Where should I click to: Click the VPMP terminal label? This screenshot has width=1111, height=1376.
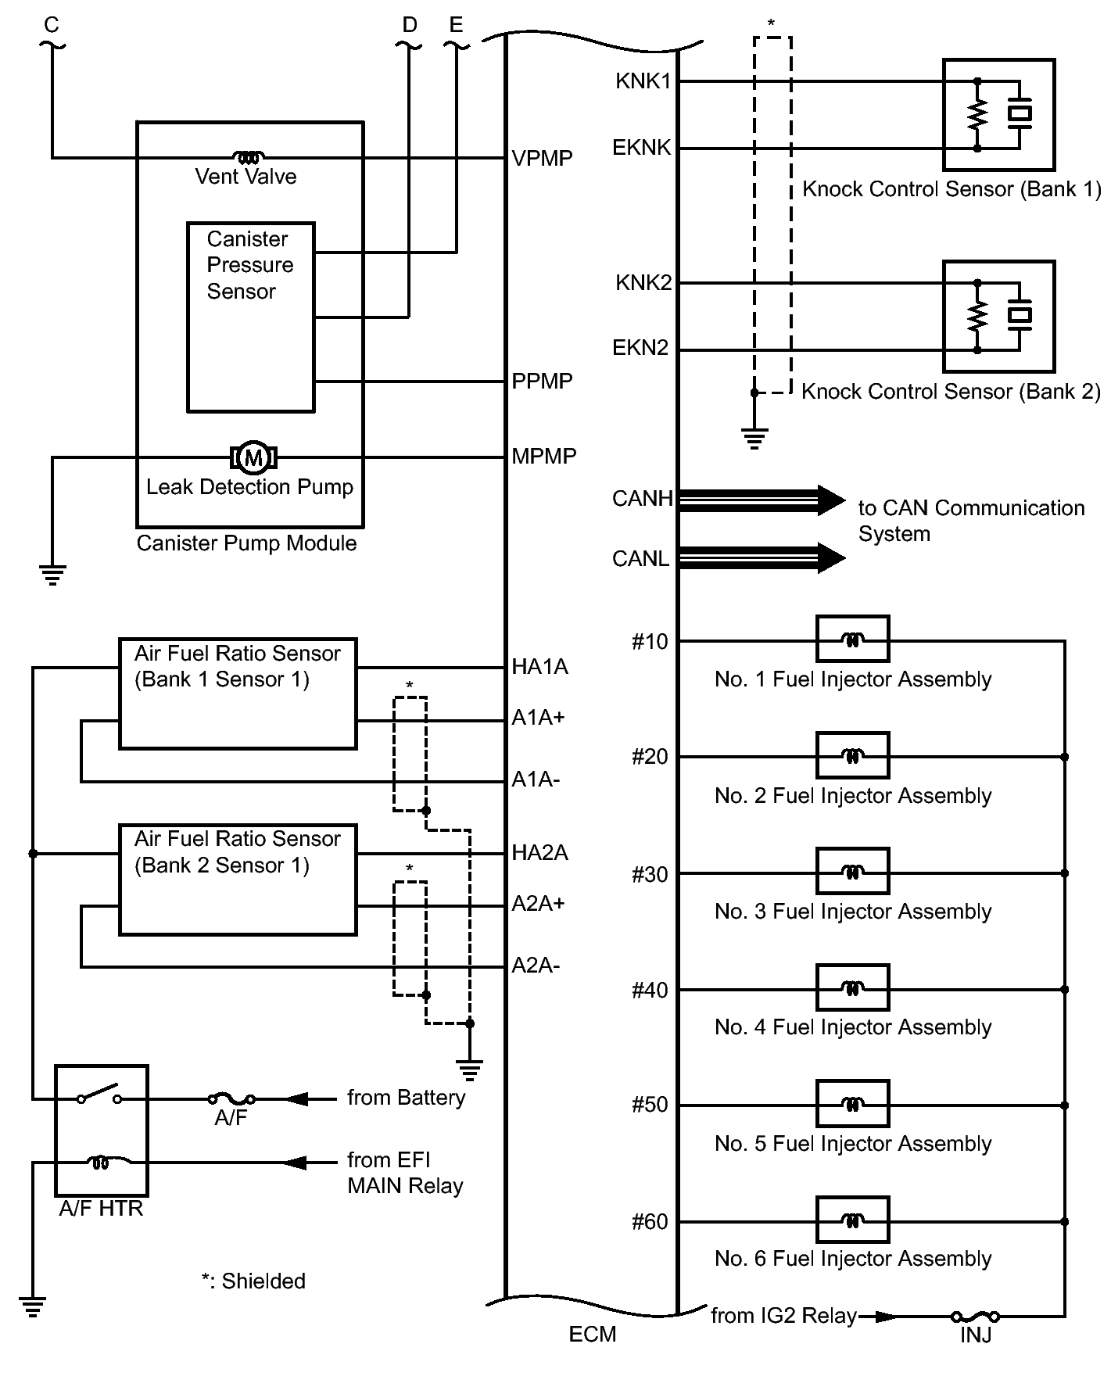click(542, 159)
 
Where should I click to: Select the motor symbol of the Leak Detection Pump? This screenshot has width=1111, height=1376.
click(253, 457)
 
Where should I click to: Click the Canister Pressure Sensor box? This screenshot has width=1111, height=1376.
click(250, 317)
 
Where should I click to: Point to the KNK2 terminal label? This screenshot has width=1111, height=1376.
click(643, 282)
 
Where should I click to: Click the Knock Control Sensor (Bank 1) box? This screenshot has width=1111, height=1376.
click(998, 114)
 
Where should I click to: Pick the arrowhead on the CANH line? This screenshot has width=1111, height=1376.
click(830, 500)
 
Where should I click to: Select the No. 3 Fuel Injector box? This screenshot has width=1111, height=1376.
click(852, 871)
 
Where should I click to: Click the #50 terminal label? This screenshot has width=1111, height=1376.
click(650, 1105)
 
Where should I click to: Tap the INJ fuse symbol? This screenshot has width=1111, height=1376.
click(975, 1317)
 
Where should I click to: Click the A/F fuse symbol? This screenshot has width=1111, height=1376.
click(231, 1099)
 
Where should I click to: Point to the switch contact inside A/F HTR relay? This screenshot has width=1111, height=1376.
click(99, 1095)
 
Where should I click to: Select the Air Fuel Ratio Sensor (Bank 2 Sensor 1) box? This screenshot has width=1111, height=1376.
click(238, 880)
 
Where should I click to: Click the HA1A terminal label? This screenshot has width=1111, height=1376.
click(539, 667)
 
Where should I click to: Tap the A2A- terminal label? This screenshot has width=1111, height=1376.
click(536, 966)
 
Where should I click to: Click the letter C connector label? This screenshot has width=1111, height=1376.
click(52, 25)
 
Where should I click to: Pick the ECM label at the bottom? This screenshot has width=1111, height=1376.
click(592, 1335)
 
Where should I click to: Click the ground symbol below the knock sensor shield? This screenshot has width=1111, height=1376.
click(754, 439)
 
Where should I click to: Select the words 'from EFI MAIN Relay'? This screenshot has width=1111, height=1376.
click(405, 1173)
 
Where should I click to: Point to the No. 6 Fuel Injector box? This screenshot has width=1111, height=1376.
click(852, 1220)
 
